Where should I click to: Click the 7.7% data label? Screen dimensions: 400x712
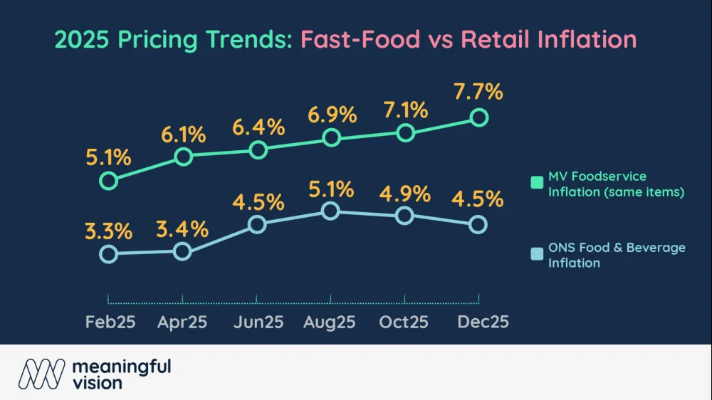(x=478, y=93)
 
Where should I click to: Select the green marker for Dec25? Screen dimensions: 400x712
(x=479, y=117)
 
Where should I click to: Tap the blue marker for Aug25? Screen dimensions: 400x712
(x=329, y=211)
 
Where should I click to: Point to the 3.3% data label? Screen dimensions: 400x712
(x=108, y=232)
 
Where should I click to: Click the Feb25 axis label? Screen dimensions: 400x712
(x=110, y=322)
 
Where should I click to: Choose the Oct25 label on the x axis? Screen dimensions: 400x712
(x=404, y=322)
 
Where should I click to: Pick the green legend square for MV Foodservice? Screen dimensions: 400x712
(x=536, y=184)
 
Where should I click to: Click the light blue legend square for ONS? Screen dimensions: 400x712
(x=536, y=255)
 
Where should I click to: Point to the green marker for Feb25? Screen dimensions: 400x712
(x=108, y=181)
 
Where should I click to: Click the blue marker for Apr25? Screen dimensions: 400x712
(x=182, y=251)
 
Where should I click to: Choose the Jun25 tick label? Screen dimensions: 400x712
(x=258, y=322)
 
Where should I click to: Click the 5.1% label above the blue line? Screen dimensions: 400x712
(x=330, y=189)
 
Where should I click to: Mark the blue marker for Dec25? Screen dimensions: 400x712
(x=478, y=224)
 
